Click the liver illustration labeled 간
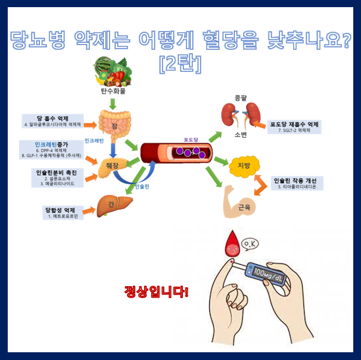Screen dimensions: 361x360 tap(114, 205)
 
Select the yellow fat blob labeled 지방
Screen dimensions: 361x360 tap(244, 166)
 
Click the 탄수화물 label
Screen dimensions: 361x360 tap(113, 92)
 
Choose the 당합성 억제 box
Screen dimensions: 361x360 tap(64, 212)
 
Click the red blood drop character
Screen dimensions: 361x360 tap(229, 248)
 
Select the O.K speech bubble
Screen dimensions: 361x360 tap(251, 244)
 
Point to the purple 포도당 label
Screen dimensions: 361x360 tap(191, 139)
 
